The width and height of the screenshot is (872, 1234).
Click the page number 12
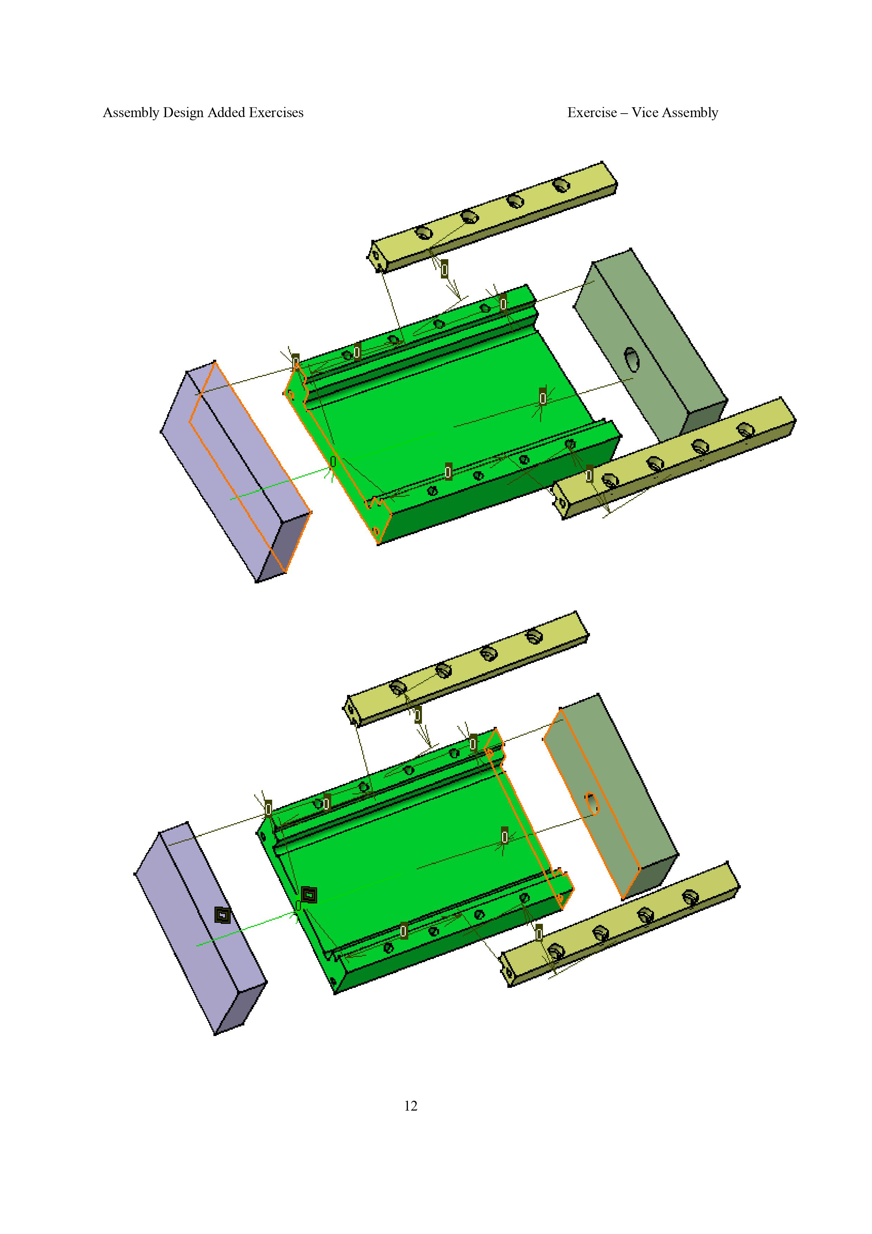[410, 1106]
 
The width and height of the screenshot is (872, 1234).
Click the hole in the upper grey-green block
[632, 360]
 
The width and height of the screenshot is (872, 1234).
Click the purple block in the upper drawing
[236, 471]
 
